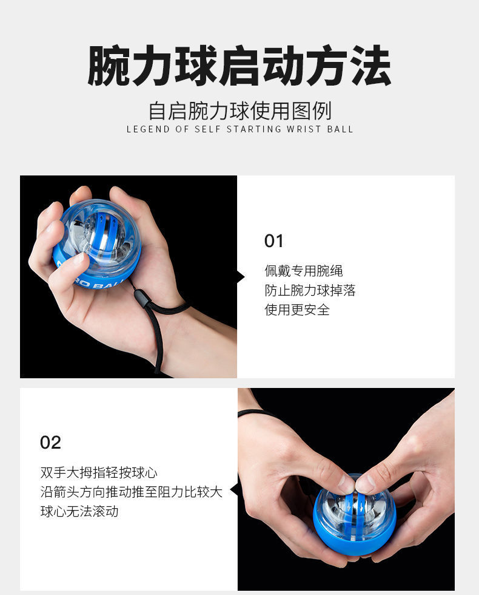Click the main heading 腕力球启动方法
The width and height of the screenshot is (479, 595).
(x=239, y=66)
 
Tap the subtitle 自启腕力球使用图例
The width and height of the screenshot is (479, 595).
(x=239, y=112)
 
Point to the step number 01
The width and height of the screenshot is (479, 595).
(x=274, y=241)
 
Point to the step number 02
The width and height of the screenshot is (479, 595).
(x=50, y=443)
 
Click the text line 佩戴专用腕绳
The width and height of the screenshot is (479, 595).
(x=304, y=271)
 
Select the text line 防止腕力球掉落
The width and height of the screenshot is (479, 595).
(x=310, y=290)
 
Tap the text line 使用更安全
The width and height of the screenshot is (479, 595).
(x=297, y=310)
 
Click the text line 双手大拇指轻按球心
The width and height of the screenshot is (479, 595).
(x=99, y=472)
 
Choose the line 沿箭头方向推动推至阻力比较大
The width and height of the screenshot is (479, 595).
(x=132, y=492)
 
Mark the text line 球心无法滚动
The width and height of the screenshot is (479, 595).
(x=79, y=511)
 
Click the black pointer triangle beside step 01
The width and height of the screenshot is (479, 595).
(x=241, y=277)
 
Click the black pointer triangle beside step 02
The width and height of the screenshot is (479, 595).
(x=233, y=489)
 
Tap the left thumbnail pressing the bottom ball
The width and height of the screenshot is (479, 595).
(x=345, y=484)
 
